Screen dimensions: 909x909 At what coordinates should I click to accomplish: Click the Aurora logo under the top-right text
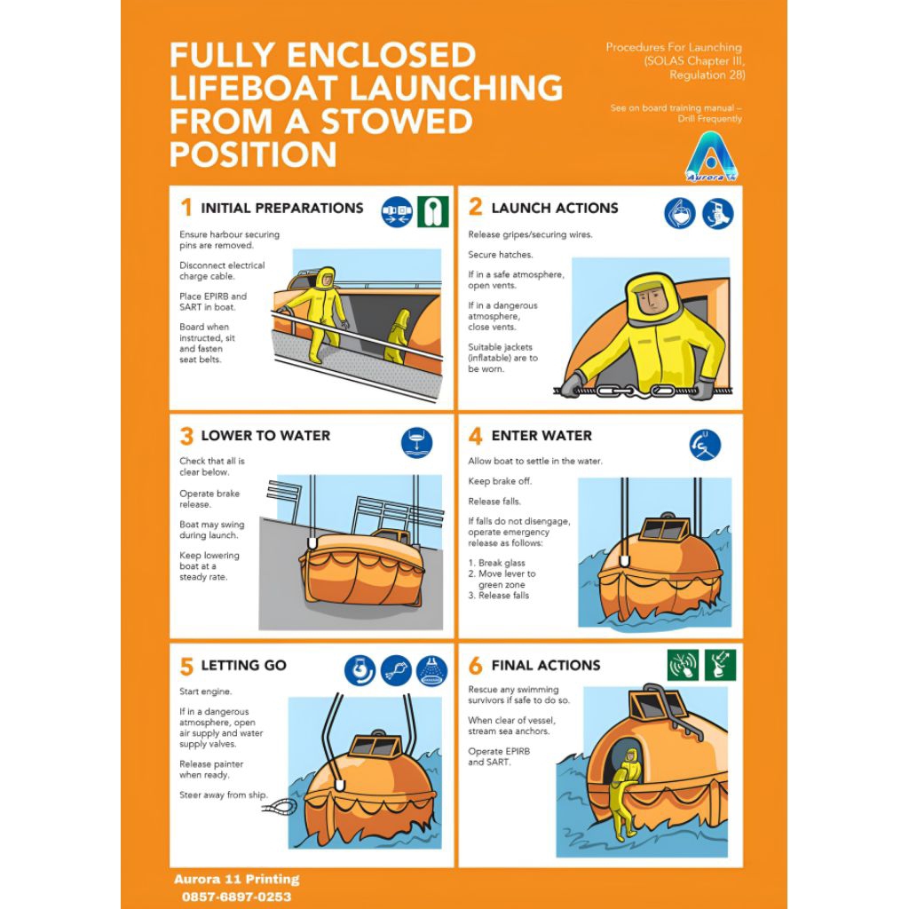[711, 156]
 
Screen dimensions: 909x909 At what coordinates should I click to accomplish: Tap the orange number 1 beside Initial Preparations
[186, 207]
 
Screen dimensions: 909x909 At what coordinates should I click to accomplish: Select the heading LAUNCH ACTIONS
[555, 208]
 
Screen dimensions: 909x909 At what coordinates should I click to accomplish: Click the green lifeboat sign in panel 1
[433, 211]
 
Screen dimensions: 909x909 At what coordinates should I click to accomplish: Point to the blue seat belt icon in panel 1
[397, 211]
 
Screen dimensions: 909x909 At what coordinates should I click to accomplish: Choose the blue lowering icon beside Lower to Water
[417, 442]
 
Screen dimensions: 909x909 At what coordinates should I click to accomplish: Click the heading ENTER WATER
[541, 435]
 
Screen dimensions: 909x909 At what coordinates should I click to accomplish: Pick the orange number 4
[476, 435]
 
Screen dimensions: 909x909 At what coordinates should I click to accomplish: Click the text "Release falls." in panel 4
[494, 502]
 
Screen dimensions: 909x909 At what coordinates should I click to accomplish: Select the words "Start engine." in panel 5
[205, 692]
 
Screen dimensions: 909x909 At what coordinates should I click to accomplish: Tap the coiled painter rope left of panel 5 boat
[280, 806]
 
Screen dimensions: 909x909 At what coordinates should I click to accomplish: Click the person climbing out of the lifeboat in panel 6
[625, 791]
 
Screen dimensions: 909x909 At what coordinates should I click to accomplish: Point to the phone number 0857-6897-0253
[236, 897]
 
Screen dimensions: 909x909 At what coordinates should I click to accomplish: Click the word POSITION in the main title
[253, 154]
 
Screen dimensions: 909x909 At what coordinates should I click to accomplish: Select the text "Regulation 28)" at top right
[707, 75]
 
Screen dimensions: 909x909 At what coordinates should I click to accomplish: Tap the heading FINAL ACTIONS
[546, 665]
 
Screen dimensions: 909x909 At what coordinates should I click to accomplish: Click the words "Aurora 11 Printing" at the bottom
[236, 880]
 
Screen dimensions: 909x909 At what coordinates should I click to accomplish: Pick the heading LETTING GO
[243, 665]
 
